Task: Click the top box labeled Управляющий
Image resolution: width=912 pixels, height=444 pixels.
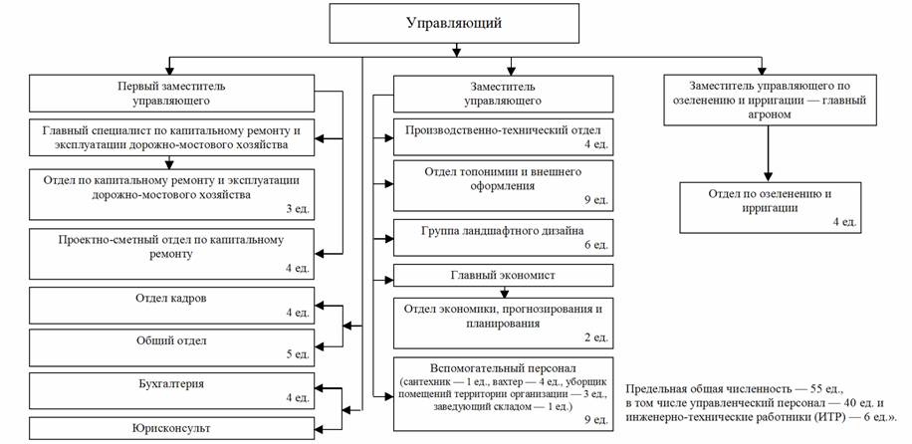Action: [x=453, y=22]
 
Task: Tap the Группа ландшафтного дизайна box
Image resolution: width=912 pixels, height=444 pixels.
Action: [x=504, y=238]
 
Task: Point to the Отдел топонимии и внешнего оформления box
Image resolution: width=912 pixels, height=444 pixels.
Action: [x=504, y=183]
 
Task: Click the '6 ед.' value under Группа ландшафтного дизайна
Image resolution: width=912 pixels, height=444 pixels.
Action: [x=594, y=246]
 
